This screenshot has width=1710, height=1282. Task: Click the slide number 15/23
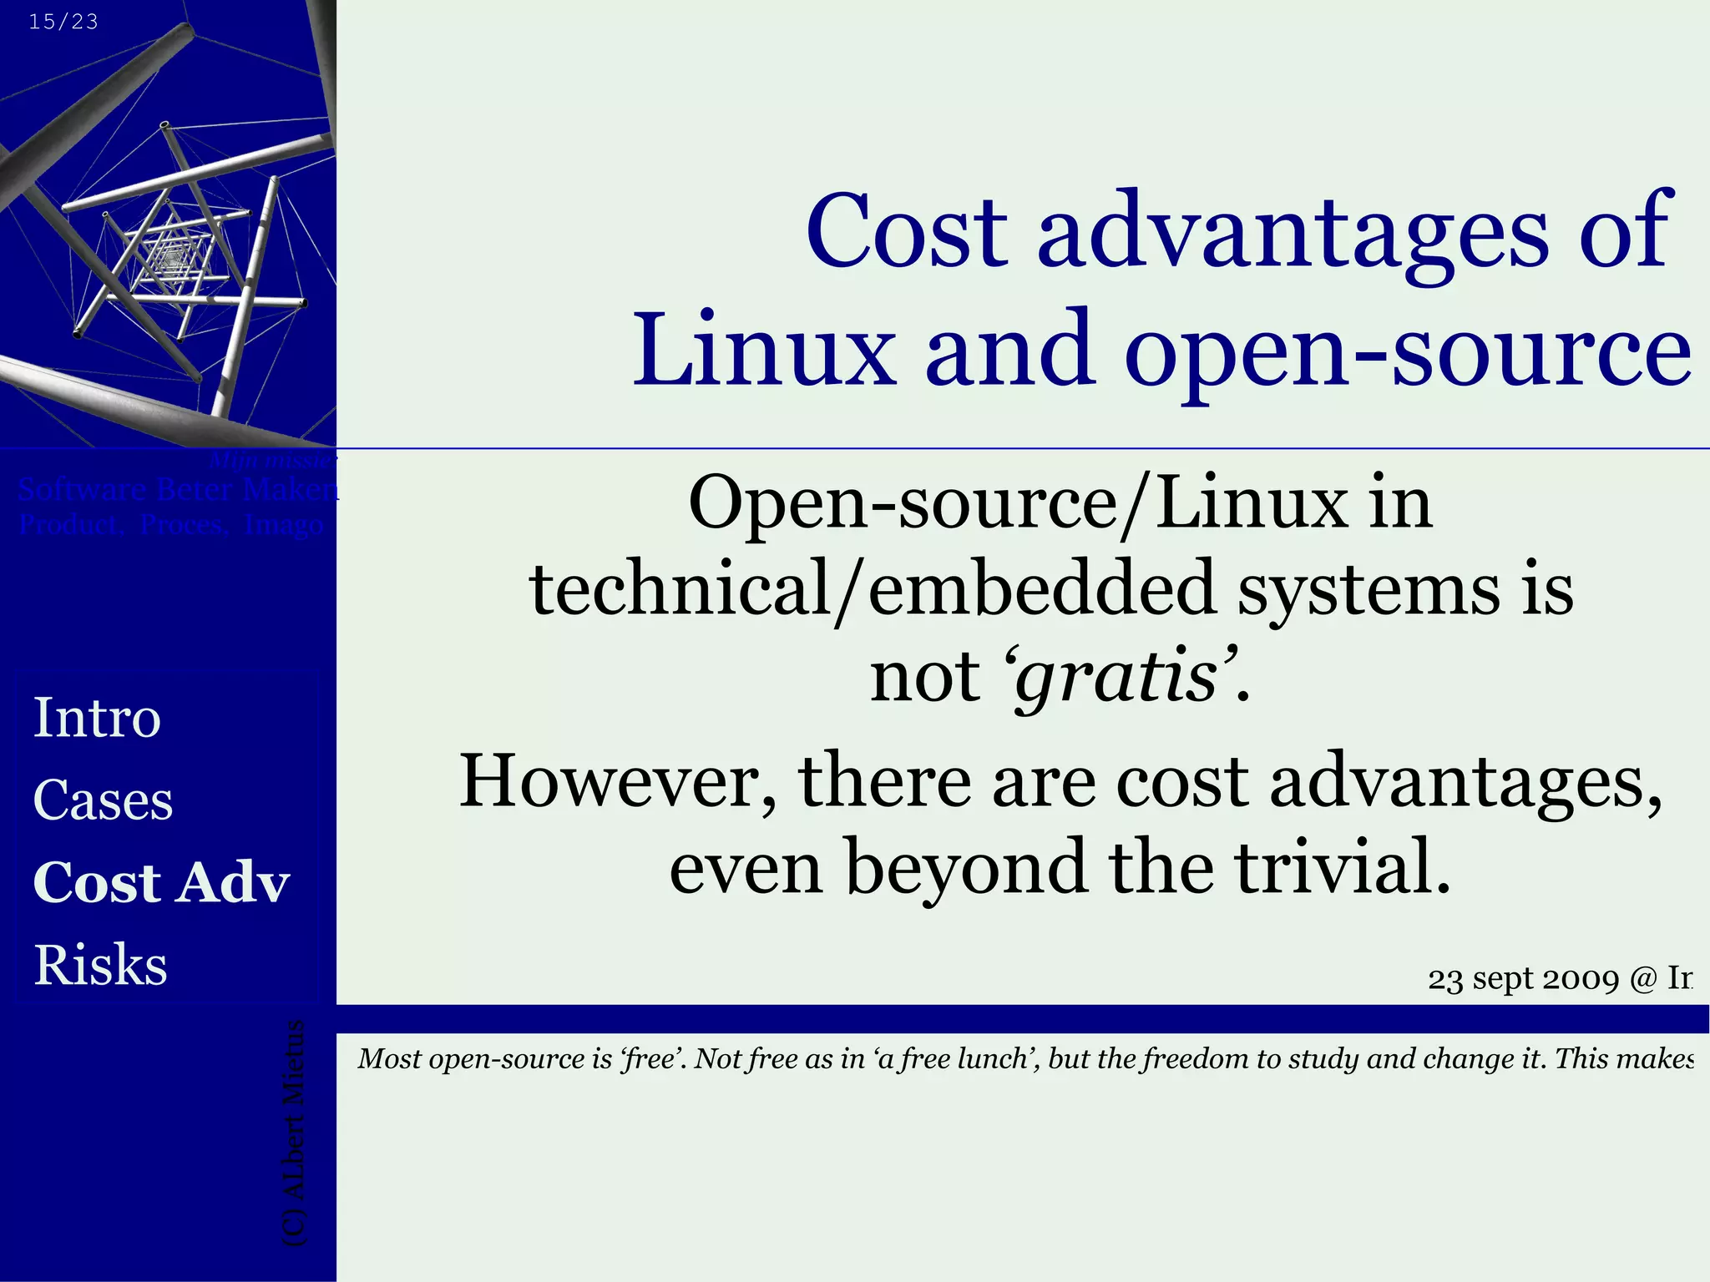pyautogui.click(x=63, y=22)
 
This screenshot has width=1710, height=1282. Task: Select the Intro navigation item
pyautogui.click(x=97, y=718)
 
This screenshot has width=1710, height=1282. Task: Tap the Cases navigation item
pyautogui.click(x=104, y=800)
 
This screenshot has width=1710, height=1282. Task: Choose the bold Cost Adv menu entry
pyautogui.click(x=162, y=882)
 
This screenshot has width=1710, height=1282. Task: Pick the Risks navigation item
pyautogui.click(x=101, y=965)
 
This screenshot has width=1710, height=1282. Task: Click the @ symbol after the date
pyautogui.click(x=1642, y=979)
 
